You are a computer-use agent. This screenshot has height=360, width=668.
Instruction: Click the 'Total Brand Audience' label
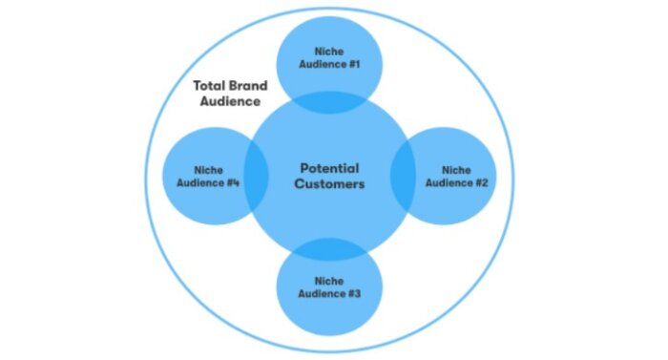[x=229, y=92]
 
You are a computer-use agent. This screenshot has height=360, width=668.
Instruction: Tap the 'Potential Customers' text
[x=329, y=176]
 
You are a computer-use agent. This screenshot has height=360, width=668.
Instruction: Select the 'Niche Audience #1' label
[x=329, y=59]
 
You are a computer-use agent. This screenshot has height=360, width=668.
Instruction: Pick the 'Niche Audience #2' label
[x=456, y=176]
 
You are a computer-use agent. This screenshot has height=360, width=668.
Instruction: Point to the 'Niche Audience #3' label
[x=329, y=288]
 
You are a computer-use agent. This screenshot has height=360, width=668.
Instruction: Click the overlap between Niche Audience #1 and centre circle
[x=329, y=102]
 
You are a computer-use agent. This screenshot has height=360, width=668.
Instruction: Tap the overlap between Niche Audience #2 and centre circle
[x=402, y=177]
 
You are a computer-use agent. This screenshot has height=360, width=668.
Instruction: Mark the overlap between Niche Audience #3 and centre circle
[x=329, y=248]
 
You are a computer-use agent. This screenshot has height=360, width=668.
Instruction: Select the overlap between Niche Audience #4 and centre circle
[x=257, y=177]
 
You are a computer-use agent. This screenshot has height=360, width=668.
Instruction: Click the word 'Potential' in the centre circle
[x=329, y=168]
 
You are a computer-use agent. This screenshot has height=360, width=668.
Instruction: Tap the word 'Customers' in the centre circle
[x=329, y=184]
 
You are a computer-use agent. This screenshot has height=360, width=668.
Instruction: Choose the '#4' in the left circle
[x=232, y=182]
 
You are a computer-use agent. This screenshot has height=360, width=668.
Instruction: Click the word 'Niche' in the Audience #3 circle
[x=329, y=282]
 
